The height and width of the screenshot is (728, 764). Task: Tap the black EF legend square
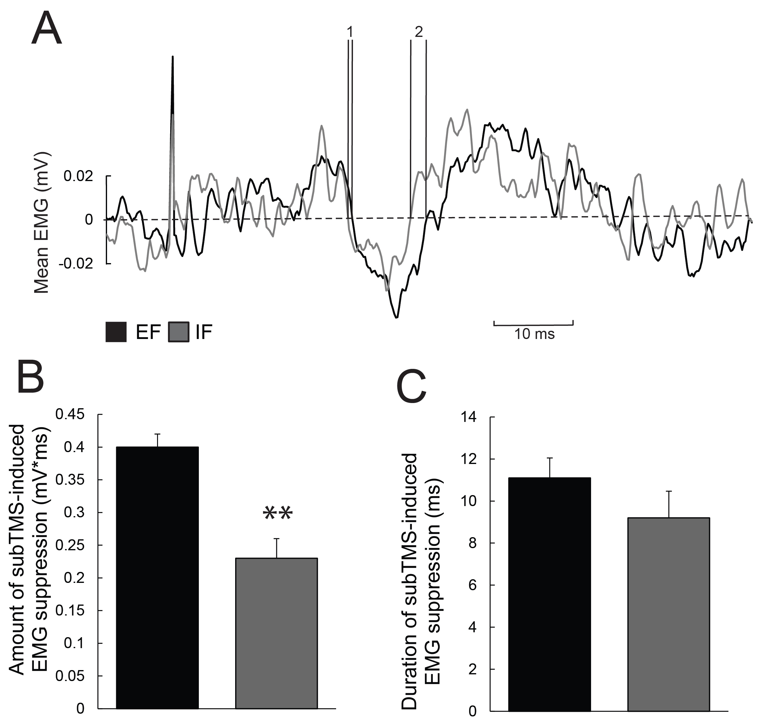(x=116, y=332)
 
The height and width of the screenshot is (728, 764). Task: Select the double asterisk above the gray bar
(x=277, y=515)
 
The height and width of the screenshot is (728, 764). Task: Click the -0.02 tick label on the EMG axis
(x=76, y=264)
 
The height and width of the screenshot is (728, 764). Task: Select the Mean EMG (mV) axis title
(x=42, y=222)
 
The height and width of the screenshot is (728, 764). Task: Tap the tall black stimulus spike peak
(x=172, y=57)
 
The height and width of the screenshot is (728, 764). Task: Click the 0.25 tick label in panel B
(x=70, y=545)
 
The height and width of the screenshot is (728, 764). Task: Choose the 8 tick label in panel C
(x=472, y=543)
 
